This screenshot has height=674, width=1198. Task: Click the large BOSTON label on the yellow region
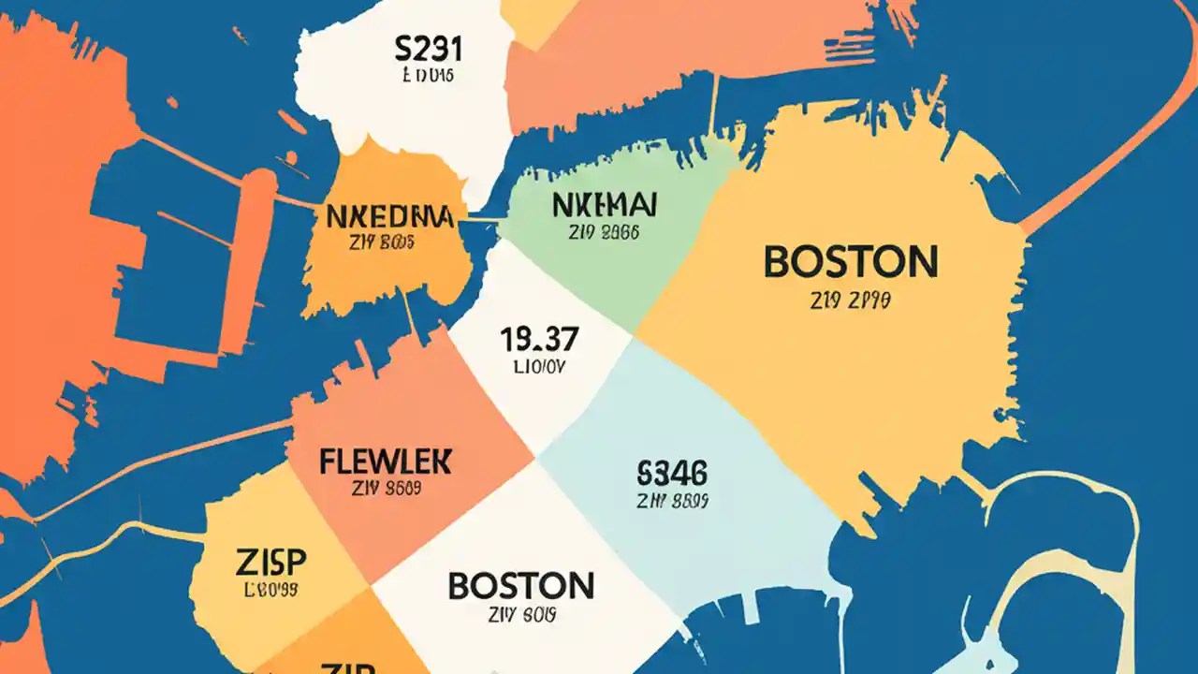(x=850, y=262)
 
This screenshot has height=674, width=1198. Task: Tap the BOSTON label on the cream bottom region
(x=520, y=586)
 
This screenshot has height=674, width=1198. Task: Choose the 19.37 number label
(x=540, y=340)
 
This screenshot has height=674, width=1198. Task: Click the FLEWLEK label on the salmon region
(x=385, y=462)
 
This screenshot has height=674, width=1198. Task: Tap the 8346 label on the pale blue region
(x=671, y=472)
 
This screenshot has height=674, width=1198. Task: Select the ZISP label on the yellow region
(x=270, y=563)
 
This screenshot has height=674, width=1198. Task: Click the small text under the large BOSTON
(x=851, y=301)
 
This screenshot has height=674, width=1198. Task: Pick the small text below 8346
(x=671, y=501)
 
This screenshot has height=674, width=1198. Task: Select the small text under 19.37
(x=540, y=368)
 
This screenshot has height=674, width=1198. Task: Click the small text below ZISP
(x=270, y=591)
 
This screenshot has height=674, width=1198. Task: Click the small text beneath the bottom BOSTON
(x=521, y=615)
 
